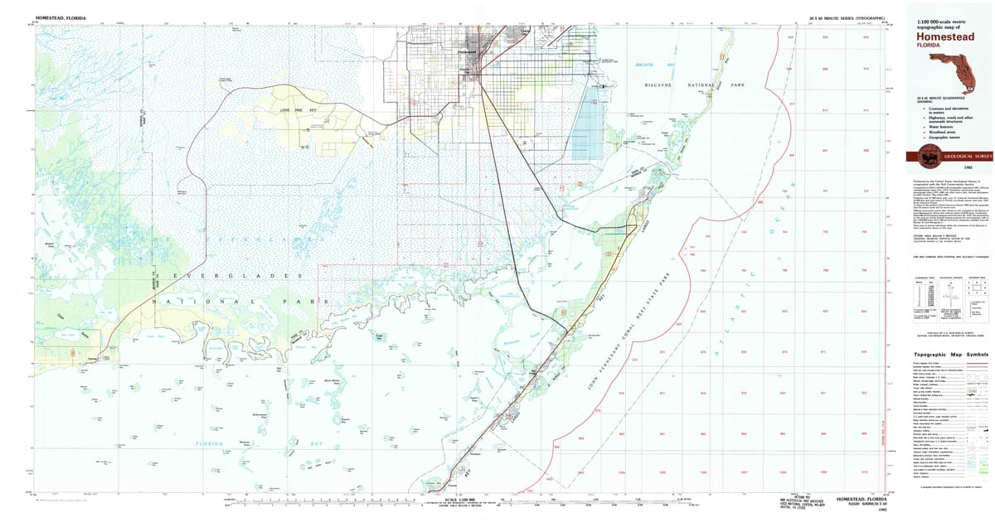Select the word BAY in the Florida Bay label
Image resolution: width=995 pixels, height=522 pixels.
click(294, 443)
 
